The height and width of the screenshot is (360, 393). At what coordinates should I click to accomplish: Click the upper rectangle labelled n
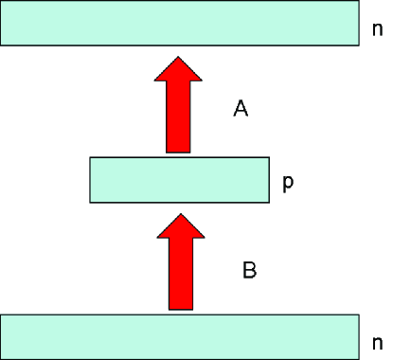[179, 23]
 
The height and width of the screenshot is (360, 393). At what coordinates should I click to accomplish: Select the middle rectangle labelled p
[179, 180]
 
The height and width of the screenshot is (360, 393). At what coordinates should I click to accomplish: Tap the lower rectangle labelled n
[179, 336]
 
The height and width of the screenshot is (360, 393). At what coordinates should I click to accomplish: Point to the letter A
[241, 110]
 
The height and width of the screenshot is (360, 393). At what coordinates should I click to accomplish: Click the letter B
[249, 270]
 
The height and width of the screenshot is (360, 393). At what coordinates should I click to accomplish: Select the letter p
[288, 183]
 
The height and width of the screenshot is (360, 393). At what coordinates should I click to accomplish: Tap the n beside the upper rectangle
[377, 28]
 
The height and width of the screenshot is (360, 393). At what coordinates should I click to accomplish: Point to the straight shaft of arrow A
[178, 118]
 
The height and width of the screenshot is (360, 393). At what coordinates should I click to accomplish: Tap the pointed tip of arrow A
[178, 55]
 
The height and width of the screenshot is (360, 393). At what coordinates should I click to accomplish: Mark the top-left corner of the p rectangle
[91, 158]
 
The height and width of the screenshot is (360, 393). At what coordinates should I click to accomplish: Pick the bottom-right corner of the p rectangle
[268, 202]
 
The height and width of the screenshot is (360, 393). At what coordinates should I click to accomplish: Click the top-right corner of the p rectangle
[268, 158]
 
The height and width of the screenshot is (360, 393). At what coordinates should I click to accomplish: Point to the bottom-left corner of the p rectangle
[91, 202]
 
